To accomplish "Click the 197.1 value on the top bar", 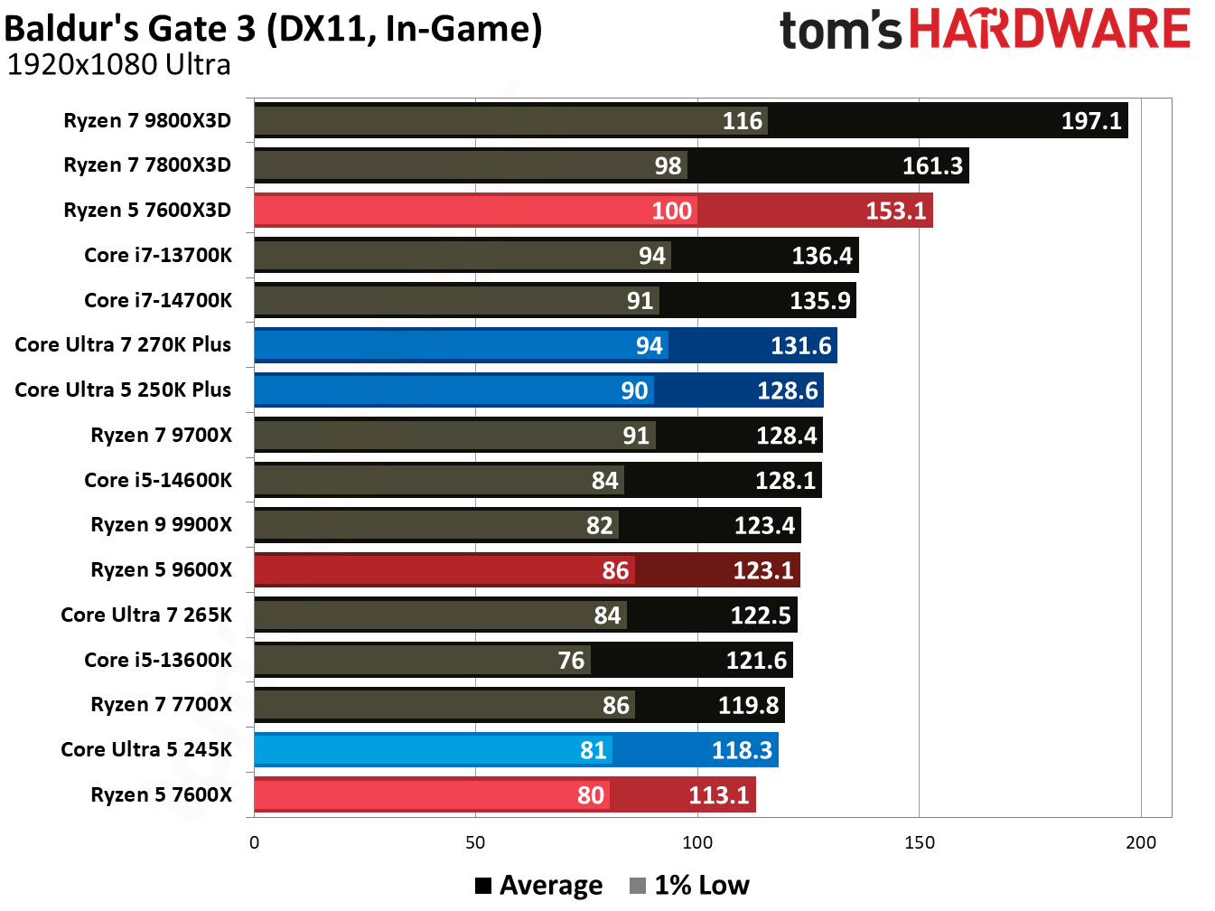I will click(1090, 121).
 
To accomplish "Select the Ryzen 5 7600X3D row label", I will click(147, 211).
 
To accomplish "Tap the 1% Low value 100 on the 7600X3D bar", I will click(671, 211).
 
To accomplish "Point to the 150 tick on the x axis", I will click(919, 842).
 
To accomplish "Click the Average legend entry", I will click(539, 886).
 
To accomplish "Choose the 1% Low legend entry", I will click(690, 886).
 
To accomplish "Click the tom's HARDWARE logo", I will click(985, 29).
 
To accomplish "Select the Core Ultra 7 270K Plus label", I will click(123, 345).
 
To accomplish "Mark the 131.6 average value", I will click(800, 346).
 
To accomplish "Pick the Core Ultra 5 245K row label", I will click(146, 750).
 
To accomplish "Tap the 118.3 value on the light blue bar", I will click(742, 750).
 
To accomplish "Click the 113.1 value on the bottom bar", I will click(719, 795).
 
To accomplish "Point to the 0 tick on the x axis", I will click(254, 842).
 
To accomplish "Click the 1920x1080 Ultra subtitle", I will click(118, 65).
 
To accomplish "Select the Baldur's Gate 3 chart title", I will click(273, 29).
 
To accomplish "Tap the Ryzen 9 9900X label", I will click(161, 525).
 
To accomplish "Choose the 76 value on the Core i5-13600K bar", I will click(571, 661).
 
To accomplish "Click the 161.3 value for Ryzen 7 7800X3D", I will click(932, 166).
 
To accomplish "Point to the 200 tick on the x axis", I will click(1140, 842).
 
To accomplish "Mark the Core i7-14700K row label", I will click(158, 301).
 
